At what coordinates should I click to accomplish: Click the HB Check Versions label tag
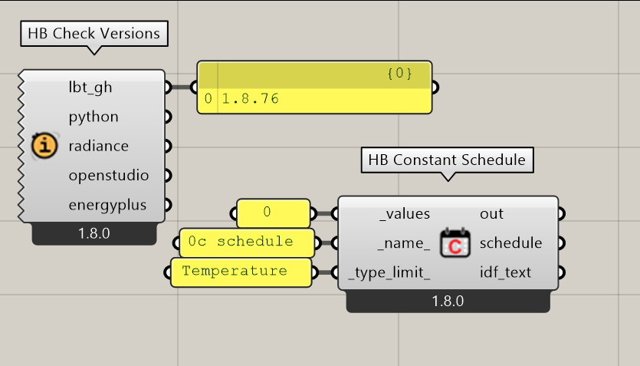pyautogui.click(x=94, y=34)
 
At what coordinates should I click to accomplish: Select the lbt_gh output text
pyautogui.click(x=90, y=87)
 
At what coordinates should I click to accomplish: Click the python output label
pyautogui.click(x=94, y=117)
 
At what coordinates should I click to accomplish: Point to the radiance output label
pyautogui.click(x=98, y=146)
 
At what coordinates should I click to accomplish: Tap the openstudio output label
pyautogui.click(x=109, y=176)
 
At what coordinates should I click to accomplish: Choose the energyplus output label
pyautogui.click(x=107, y=205)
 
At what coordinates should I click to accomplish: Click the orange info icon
pyautogui.click(x=44, y=146)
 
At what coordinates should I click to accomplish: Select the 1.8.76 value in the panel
pyautogui.click(x=250, y=98)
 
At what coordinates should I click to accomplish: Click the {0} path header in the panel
pyautogui.click(x=399, y=74)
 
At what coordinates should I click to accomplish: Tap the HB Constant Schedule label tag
pyautogui.click(x=447, y=160)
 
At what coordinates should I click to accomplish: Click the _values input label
pyautogui.click(x=405, y=213)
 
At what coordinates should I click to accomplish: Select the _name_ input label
pyautogui.click(x=404, y=243)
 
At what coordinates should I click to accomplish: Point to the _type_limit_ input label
pyautogui.click(x=389, y=272)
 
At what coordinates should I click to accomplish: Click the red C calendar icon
pyautogui.click(x=455, y=243)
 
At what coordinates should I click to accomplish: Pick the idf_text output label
pyautogui.click(x=505, y=272)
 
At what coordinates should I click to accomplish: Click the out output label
pyautogui.click(x=491, y=213)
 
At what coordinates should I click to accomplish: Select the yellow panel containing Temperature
pyautogui.click(x=241, y=272)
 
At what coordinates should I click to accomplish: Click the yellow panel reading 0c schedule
pyautogui.click(x=247, y=243)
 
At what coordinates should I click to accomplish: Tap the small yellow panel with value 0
pyautogui.click(x=274, y=213)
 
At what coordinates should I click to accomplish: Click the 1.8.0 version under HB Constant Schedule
pyautogui.click(x=448, y=302)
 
